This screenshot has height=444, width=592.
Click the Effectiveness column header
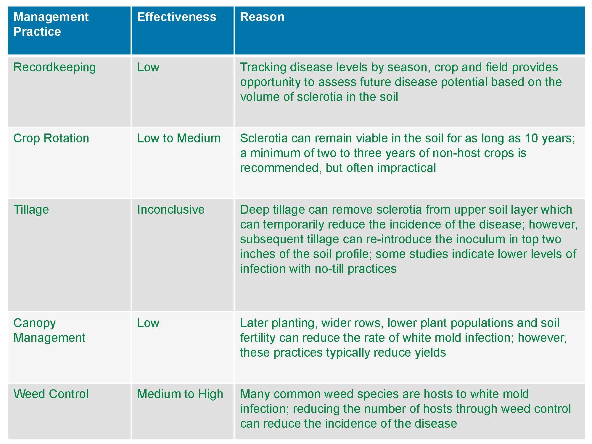tap(177, 17)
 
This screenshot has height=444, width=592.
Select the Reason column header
tap(262, 17)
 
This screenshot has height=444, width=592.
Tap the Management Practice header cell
tap(51, 24)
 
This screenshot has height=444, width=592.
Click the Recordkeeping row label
tap(54, 67)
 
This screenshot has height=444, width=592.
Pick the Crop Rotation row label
tap(51, 138)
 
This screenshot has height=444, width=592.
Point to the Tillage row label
tap(31, 210)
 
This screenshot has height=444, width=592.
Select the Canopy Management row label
tap(49, 330)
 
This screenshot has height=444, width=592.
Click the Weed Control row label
tap(51, 394)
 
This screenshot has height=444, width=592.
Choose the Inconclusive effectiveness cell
tap(170, 210)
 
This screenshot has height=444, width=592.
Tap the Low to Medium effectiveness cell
tap(179, 138)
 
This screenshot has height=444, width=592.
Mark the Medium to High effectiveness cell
tap(180, 394)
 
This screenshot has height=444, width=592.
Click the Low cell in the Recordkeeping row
tap(148, 67)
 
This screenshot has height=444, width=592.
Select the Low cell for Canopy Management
tap(148, 323)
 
